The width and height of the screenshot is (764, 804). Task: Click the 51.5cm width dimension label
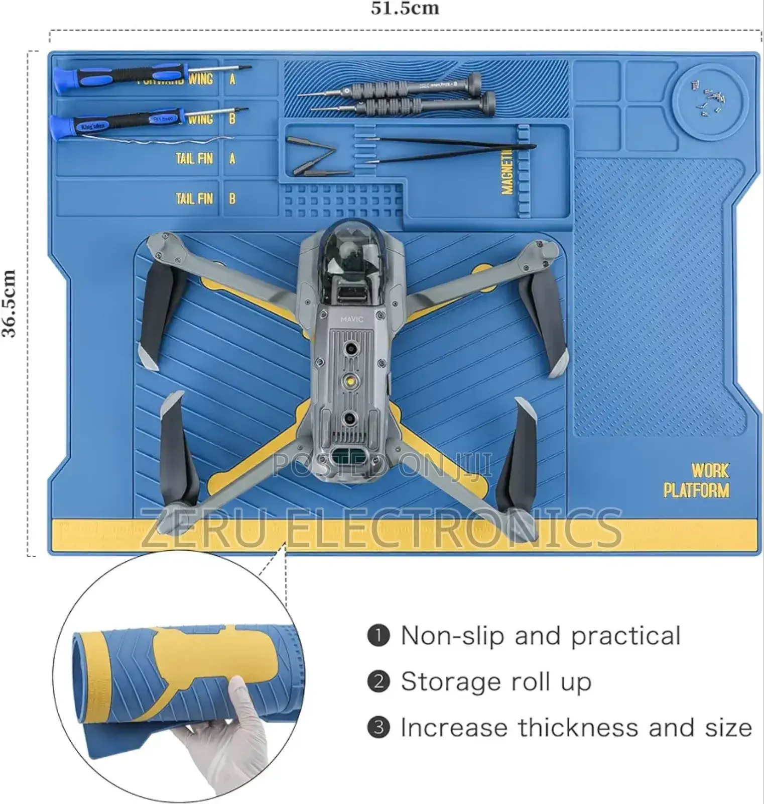405,9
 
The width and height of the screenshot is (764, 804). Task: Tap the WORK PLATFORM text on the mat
697,480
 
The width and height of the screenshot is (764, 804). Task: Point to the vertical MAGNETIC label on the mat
507,172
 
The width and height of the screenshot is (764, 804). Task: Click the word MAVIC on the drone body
351,319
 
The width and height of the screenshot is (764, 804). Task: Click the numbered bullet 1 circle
378,636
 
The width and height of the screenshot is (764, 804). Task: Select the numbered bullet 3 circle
378,728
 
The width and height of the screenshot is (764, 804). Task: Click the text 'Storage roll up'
496,682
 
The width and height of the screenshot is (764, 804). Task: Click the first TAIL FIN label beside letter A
194,159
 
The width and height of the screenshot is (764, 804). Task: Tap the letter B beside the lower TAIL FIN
232,198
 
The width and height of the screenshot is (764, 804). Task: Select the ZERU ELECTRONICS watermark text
381,528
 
